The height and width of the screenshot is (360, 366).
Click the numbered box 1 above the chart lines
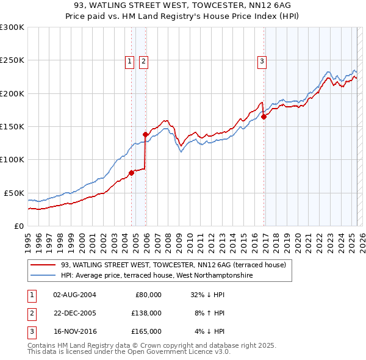(130, 61)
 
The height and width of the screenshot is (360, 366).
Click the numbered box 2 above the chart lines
(143, 61)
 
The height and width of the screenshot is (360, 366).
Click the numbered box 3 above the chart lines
(262, 61)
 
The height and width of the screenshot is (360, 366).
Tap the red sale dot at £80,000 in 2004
(131, 173)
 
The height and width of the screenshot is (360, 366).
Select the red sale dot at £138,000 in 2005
(145, 134)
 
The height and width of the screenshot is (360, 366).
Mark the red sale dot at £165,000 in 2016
(264, 117)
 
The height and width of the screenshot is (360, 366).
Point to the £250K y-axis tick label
(12, 60)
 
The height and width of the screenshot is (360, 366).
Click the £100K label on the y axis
(12, 159)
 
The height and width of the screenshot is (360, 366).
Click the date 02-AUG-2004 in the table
(74, 295)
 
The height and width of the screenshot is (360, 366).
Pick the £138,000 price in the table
(147, 313)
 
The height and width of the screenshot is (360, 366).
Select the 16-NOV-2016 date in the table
(74, 331)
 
